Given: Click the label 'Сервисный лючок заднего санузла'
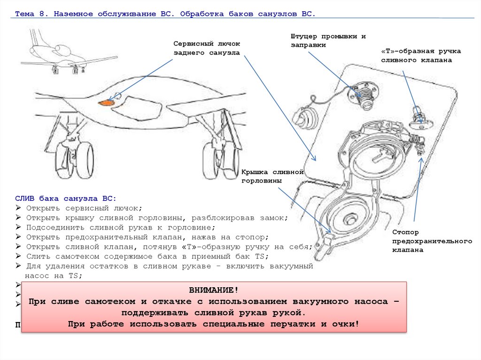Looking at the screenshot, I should click(207, 48).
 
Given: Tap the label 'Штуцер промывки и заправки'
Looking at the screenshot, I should click(328, 40).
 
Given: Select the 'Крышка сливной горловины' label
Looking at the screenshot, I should click(273, 176).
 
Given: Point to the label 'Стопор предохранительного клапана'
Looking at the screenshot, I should click(432, 241).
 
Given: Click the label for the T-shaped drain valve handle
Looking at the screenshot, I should click(420, 55).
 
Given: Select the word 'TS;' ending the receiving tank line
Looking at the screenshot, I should click(261, 256).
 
